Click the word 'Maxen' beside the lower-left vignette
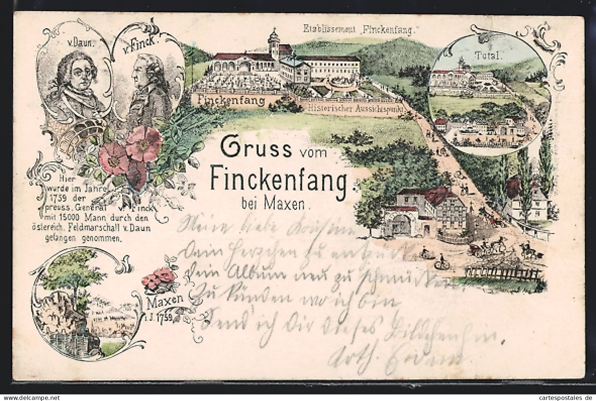point(164,301)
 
